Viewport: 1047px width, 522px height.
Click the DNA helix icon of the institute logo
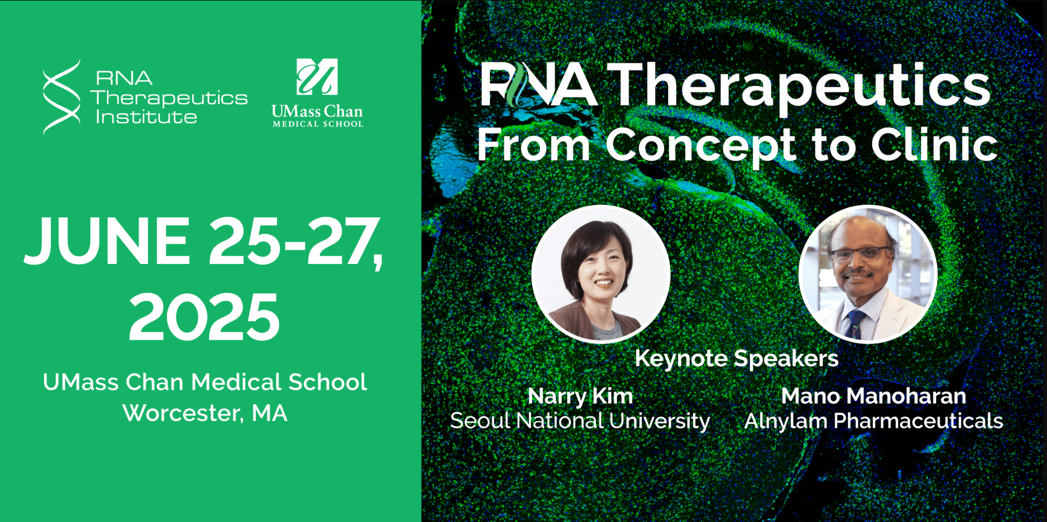coord(62,97)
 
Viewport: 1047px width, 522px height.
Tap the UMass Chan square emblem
coord(317,77)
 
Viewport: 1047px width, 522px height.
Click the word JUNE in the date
coord(107,240)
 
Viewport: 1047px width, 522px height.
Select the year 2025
coord(204,317)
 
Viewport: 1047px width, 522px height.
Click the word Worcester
coord(182,413)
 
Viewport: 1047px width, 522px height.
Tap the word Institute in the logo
coord(146,117)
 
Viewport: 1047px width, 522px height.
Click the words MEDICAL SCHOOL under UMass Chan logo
coord(317,124)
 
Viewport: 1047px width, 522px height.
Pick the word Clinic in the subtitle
coord(934,144)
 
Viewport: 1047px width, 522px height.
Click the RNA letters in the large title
coord(538,84)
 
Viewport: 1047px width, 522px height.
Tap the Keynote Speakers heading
coord(736,358)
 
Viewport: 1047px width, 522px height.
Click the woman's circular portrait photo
coord(601,274)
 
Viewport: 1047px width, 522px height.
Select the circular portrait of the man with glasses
coord(868,274)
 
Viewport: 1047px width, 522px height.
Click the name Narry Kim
coord(580,397)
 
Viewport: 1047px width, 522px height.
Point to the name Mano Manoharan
coord(874,396)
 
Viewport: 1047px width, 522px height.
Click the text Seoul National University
coord(580,421)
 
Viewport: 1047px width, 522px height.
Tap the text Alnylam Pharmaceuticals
coord(874,421)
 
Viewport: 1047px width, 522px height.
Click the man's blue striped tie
coord(855,324)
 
